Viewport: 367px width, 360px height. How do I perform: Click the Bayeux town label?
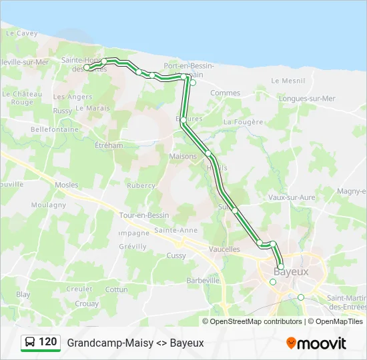click(292, 272)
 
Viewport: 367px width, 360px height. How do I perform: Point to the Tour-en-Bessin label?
click(143, 215)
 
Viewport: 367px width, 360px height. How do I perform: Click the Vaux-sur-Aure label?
click(290, 197)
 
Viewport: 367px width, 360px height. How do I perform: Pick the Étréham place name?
click(109, 145)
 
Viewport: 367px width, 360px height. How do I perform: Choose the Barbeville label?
click(203, 281)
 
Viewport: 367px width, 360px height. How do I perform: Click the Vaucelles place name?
click(224, 249)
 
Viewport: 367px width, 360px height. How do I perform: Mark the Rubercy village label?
click(141, 186)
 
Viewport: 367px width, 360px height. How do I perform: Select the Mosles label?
click(67, 185)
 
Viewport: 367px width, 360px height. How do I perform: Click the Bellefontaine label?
click(54, 129)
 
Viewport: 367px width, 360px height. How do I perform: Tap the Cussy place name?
click(176, 255)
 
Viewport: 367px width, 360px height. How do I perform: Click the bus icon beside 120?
click(30, 343)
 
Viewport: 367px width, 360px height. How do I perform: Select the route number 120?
click(48, 342)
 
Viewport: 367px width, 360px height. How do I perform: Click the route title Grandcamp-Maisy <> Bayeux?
click(135, 343)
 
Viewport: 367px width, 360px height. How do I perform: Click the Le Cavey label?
click(23, 33)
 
